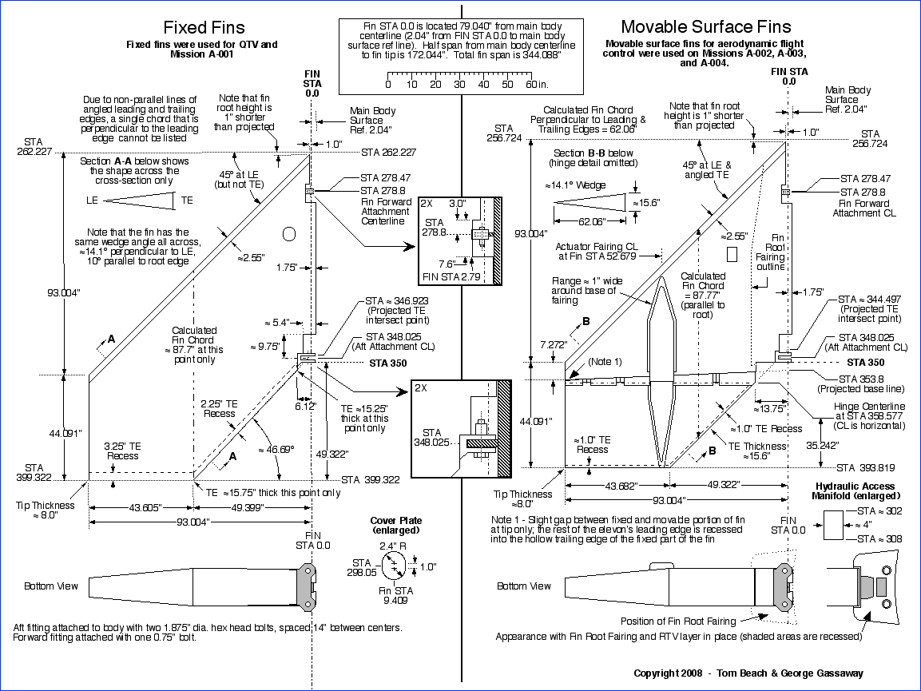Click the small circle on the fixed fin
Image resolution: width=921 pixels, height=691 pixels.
pyautogui.click(x=289, y=233)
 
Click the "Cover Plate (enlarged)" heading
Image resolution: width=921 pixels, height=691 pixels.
pyautogui.click(x=396, y=526)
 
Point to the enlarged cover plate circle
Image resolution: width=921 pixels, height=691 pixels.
pyautogui.click(x=394, y=566)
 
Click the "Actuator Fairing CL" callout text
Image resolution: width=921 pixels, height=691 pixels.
pyautogui.click(x=606, y=251)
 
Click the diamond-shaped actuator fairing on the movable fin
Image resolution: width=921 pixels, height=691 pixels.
pyautogui.click(x=661, y=372)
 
